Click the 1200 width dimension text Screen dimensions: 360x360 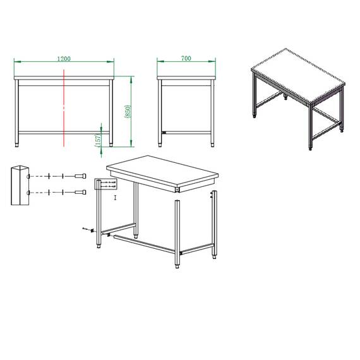tap(63, 58)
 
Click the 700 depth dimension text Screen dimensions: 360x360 tap(186, 58)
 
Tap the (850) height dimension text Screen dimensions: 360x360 tap(128, 112)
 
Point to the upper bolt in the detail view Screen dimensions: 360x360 tap(80, 176)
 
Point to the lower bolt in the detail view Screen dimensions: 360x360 tap(80, 191)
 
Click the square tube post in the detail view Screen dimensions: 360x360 tap(19, 186)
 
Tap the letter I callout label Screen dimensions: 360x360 tap(115, 198)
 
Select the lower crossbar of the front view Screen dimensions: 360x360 tap(64, 133)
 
